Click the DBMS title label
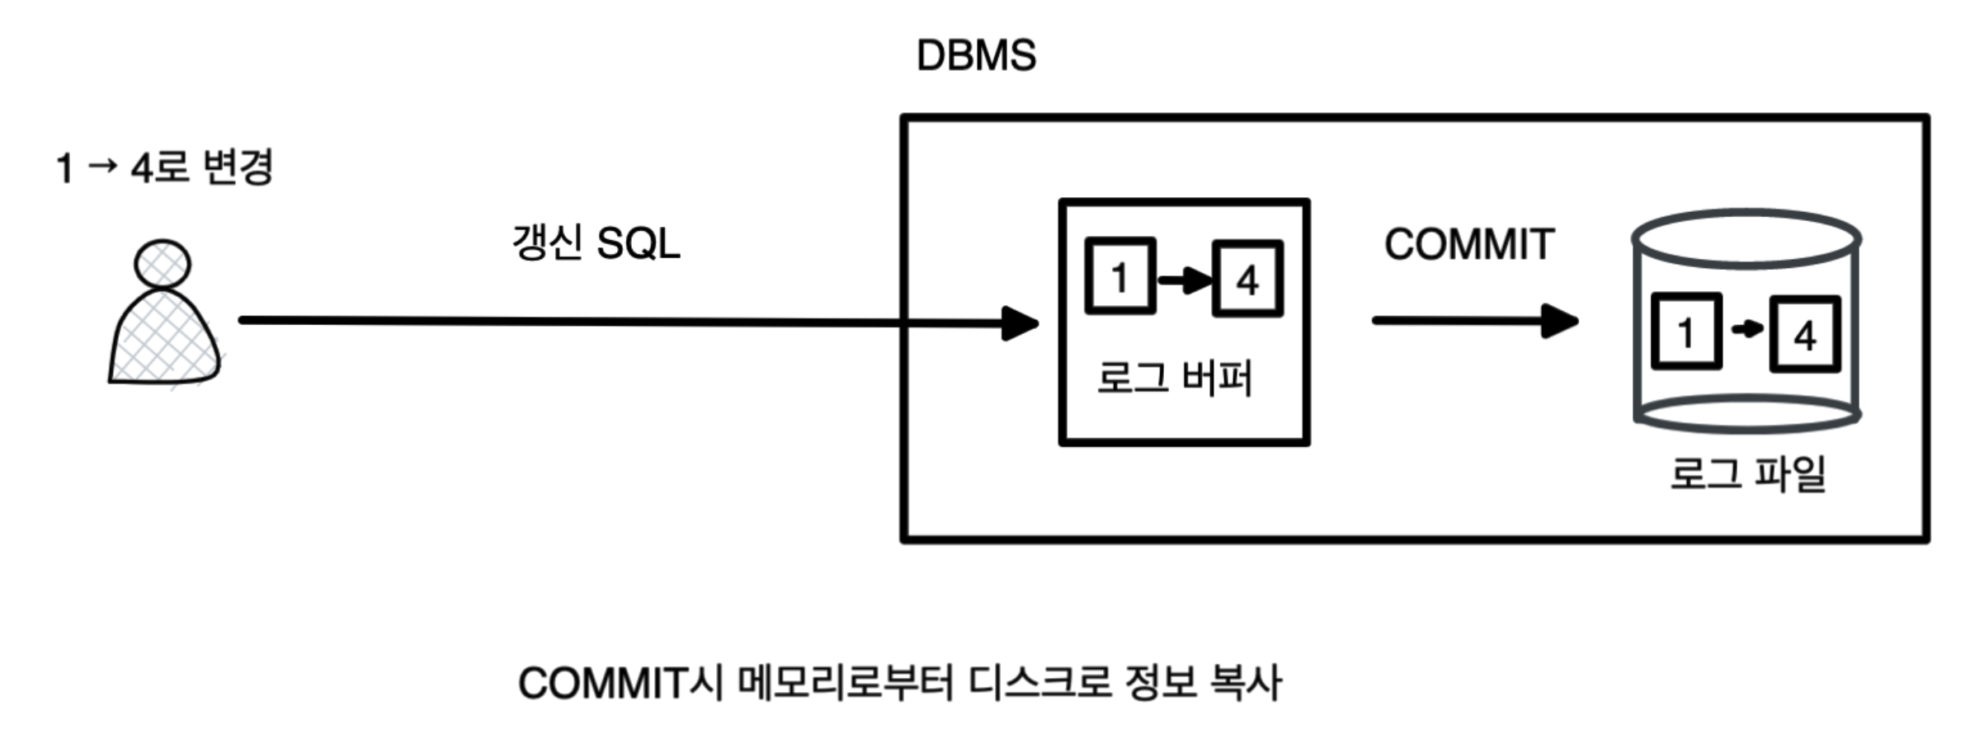(x=976, y=56)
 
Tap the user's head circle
(x=163, y=264)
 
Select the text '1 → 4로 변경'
(x=164, y=168)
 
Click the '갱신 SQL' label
(x=596, y=244)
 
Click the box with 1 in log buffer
(x=1119, y=277)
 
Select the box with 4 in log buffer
(x=1247, y=279)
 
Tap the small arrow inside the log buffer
(x=1184, y=280)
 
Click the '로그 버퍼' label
(x=1175, y=379)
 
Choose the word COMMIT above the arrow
(x=1469, y=245)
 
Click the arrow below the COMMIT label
(x=1474, y=321)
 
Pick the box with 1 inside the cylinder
(x=1686, y=332)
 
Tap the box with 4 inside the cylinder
(x=1804, y=334)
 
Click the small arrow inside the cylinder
(x=1746, y=330)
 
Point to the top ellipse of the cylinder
(x=1746, y=238)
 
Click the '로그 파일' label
(x=1748, y=474)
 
